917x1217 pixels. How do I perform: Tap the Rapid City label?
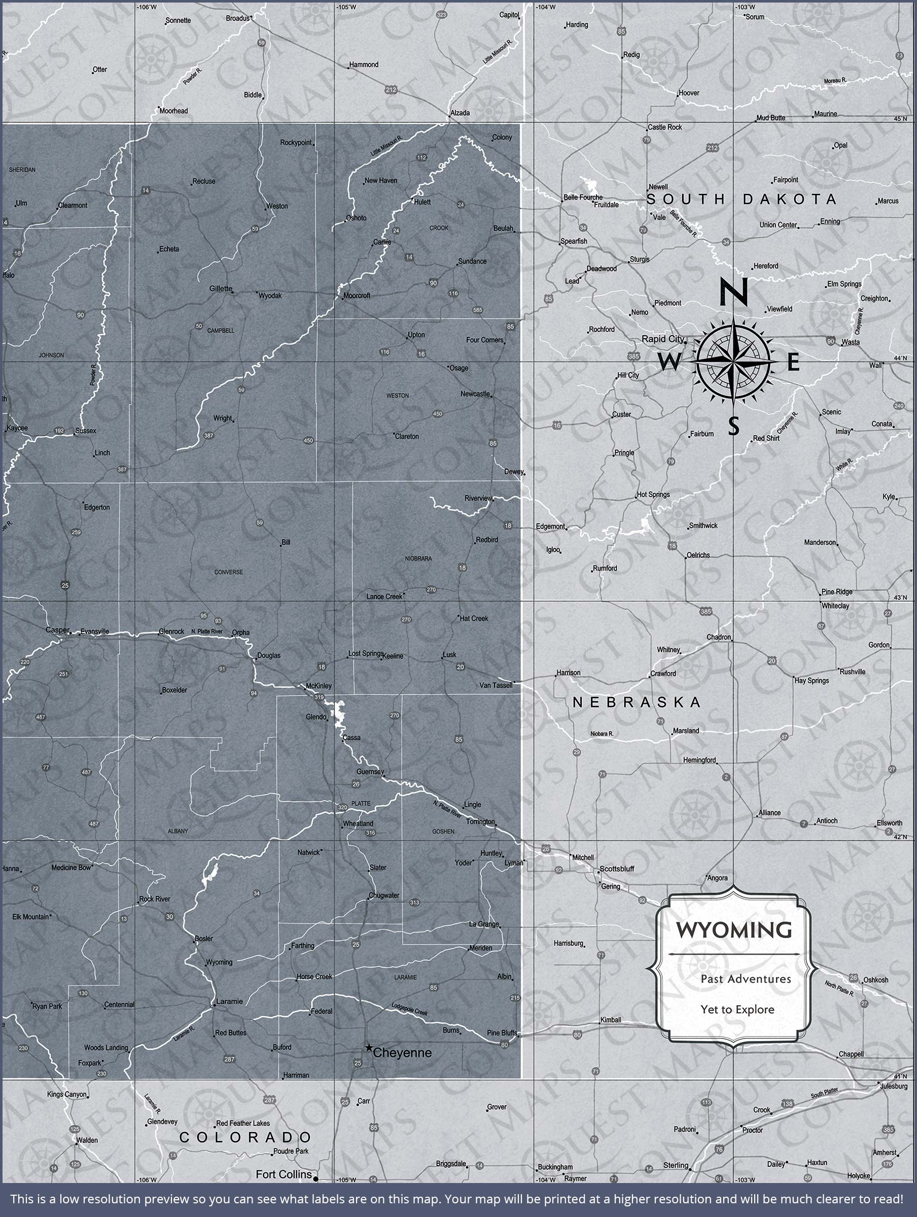tap(663, 338)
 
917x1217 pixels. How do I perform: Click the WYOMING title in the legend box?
tap(734, 930)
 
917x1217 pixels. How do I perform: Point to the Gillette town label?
tap(221, 289)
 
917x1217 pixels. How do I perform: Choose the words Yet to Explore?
tap(737, 1010)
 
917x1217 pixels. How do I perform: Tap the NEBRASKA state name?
tap(637, 701)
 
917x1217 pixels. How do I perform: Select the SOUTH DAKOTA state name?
tap(742, 199)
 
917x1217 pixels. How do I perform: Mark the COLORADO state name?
tap(245, 1137)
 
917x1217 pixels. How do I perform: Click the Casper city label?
tap(57, 630)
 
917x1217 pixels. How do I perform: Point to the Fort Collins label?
tap(284, 1174)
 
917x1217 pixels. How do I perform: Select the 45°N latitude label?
tap(900, 118)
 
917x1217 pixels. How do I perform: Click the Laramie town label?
tap(229, 1001)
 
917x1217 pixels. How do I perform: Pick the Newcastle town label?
tap(475, 393)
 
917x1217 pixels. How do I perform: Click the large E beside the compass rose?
tap(793, 363)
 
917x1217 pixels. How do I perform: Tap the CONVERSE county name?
tap(228, 572)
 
